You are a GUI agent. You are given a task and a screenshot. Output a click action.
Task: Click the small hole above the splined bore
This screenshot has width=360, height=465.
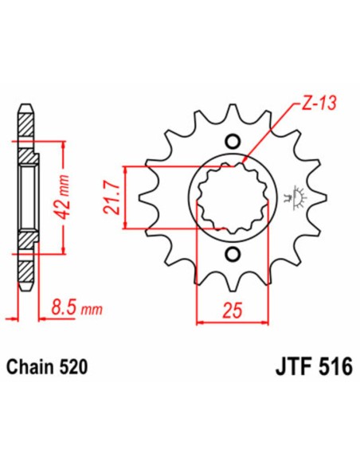233,142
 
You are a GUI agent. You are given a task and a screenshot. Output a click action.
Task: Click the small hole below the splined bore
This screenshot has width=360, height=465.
233,254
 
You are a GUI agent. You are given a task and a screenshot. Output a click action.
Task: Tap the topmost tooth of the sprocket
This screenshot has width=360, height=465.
233,111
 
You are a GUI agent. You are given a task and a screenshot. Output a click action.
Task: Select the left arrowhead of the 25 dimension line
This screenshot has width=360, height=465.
200,322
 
